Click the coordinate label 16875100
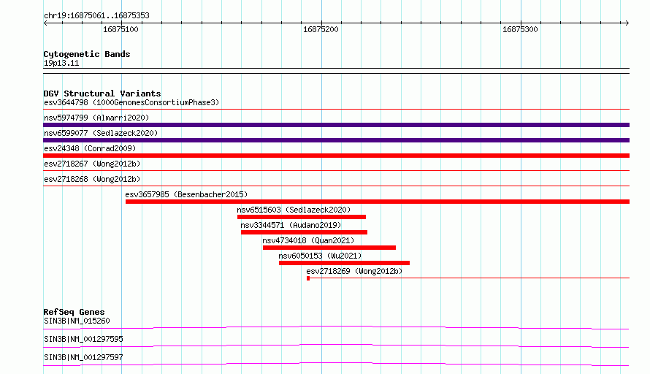click(121, 29)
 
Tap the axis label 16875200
click(321, 29)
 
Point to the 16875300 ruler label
click(520, 29)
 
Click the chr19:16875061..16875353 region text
click(96, 16)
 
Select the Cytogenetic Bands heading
click(87, 54)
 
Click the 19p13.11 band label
click(61, 63)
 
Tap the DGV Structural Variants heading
click(102, 93)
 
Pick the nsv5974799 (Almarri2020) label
click(96, 118)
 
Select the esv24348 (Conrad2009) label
click(90, 148)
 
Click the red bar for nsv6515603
click(302, 217)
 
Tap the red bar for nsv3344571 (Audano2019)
click(305, 232)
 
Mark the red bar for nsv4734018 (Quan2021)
click(329, 248)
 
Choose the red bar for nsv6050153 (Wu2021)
click(345, 263)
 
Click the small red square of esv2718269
click(308, 278)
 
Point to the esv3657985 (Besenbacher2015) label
click(186, 194)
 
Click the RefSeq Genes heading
click(74, 312)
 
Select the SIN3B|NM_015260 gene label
click(77, 321)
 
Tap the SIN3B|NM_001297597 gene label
click(84, 357)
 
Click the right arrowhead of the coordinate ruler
click(627, 23)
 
